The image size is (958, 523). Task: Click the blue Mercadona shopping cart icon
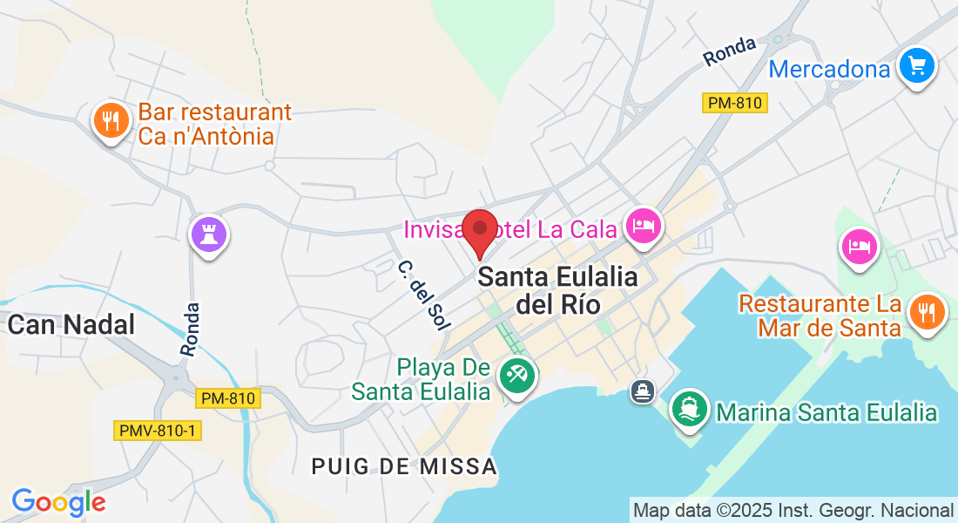tap(916, 65)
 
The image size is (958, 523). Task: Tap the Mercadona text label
tap(829, 68)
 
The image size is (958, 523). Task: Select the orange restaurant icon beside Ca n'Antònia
tap(110, 121)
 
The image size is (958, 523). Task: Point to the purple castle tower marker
tap(209, 234)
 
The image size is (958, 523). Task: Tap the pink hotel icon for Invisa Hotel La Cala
tap(643, 227)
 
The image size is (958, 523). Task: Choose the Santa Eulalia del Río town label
tap(557, 290)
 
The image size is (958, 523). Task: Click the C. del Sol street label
tap(419, 294)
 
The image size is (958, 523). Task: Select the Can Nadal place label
tap(71, 325)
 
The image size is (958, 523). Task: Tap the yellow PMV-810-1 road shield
tap(158, 431)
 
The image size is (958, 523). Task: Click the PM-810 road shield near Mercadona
tap(734, 103)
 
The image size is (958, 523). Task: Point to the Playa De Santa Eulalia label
tap(421, 379)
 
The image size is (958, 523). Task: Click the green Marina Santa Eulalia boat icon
tap(689, 409)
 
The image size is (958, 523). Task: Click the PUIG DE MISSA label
tap(404, 466)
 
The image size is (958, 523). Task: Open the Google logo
tap(58, 502)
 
